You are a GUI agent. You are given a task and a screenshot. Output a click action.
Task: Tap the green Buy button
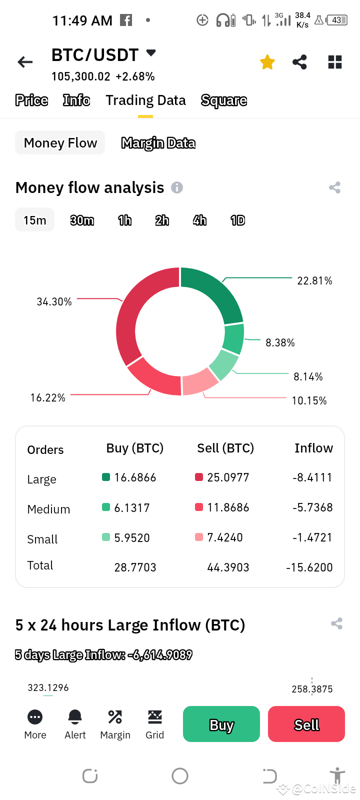[x=221, y=724]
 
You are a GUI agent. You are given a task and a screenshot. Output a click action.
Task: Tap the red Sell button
[x=306, y=724]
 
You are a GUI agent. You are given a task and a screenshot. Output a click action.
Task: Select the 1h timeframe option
[x=124, y=220]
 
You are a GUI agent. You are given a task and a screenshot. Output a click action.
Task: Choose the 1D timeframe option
[x=237, y=220]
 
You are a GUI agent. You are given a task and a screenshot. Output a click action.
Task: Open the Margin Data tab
[x=158, y=143]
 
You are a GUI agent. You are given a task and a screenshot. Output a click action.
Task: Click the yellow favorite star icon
[x=267, y=62]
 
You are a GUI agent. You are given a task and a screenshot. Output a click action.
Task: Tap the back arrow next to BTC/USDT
[x=25, y=62]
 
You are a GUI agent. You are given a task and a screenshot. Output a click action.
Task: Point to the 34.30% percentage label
[x=54, y=301]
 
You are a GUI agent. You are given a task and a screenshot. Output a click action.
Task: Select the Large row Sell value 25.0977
[x=228, y=477]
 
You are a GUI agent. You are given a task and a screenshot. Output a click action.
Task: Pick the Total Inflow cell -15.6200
[x=309, y=567]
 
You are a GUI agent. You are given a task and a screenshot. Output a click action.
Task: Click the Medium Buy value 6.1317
[x=132, y=508]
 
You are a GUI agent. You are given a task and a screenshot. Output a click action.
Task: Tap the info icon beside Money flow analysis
[x=177, y=187]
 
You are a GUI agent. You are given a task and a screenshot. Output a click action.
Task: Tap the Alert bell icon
[x=75, y=717]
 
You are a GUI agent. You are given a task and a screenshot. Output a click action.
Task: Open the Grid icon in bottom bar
[x=154, y=717]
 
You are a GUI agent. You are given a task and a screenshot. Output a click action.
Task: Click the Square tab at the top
[x=223, y=100]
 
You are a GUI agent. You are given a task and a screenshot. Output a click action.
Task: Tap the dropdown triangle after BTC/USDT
[x=150, y=53]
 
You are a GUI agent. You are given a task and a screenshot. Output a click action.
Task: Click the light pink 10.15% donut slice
[x=200, y=381]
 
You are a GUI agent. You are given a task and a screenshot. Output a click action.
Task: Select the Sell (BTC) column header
[x=225, y=448]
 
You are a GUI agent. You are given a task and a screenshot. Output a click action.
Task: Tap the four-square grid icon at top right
[x=334, y=62]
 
